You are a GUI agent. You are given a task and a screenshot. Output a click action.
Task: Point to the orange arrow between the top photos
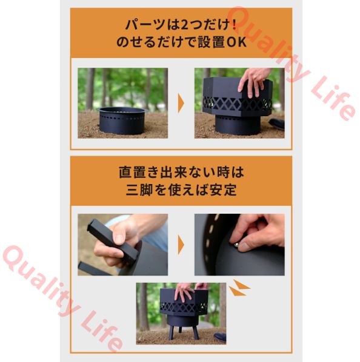point(181,103)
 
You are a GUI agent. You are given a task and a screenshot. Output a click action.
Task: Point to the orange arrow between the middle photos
point(181,245)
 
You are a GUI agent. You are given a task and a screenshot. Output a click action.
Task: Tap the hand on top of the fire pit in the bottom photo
point(184,291)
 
